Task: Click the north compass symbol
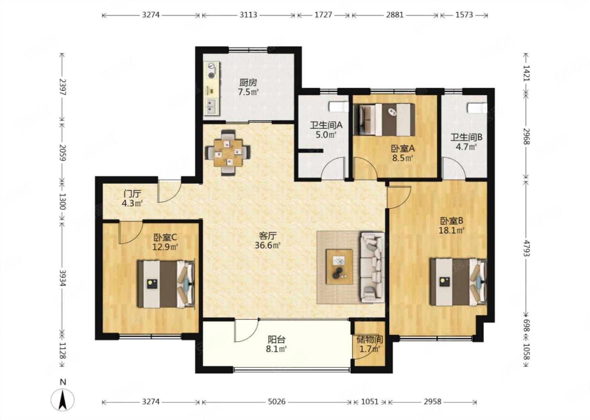pyautogui.click(x=62, y=399)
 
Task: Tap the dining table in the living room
pyautogui.click(x=228, y=153)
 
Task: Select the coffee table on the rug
pyautogui.click(x=339, y=267)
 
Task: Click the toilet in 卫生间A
pyautogui.click(x=339, y=107)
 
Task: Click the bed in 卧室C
pyautogui.click(x=166, y=284)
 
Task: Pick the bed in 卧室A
pyautogui.click(x=384, y=120)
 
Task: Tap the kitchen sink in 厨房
pyautogui.click(x=211, y=106)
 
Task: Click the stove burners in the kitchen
pyautogui.click(x=211, y=71)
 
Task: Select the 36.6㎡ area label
pyautogui.click(x=267, y=245)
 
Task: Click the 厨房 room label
pyautogui.click(x=248, y=83)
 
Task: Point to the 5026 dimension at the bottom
pyautogui.click(x=277, y=402)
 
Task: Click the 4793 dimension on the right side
pyautogui.click(x=526, y=248)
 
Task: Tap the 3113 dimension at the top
pyautogui.click(x=248, y=15)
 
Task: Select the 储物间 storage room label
pyautogui.click(x=370, y=339)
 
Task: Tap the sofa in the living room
pyautogui.click(x=372, y=267)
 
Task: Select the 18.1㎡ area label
pyautogui.click(x=451, y=231)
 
